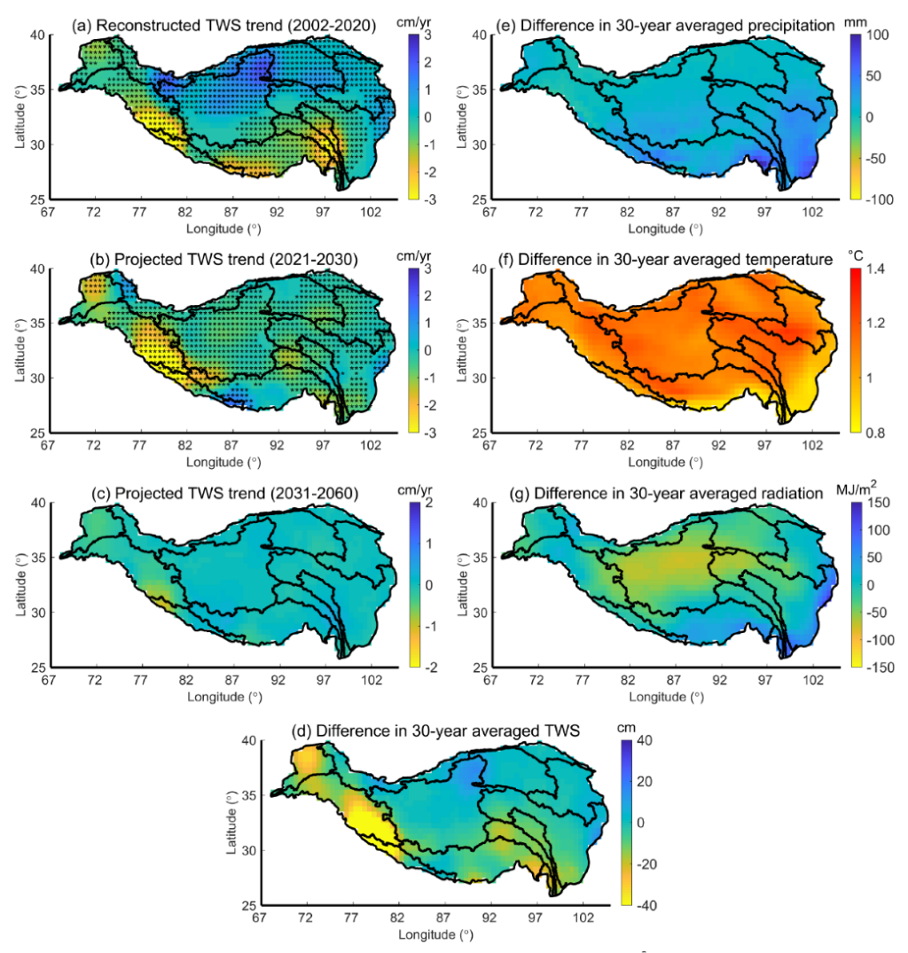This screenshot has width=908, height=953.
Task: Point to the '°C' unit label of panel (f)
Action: tap(855, 254)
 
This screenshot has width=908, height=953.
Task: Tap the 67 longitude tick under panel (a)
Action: tap(49, 214)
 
